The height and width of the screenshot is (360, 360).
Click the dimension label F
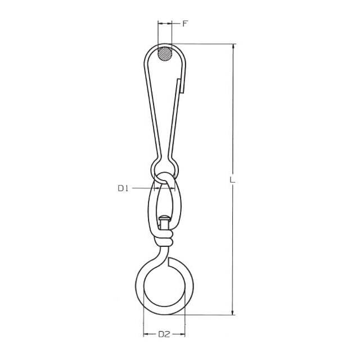pyautogui.click(x=185, y=24)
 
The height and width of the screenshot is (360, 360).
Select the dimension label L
pyautogui.click(x=232, y=179)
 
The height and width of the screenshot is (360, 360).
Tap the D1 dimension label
pyautogui.click(x=123, y=188)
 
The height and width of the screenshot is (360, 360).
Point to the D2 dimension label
pyautogui.click(x=164, y=334)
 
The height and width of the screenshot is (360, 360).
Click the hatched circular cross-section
pyautogui.click(x=165, y=54)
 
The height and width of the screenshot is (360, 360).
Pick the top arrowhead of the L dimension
pyautogui.click(x=233, y=47)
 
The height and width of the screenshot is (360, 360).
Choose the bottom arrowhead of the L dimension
pyautogui.click(x=233, y=312)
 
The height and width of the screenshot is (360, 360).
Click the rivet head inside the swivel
pyautogui.click(x=165, y=218)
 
